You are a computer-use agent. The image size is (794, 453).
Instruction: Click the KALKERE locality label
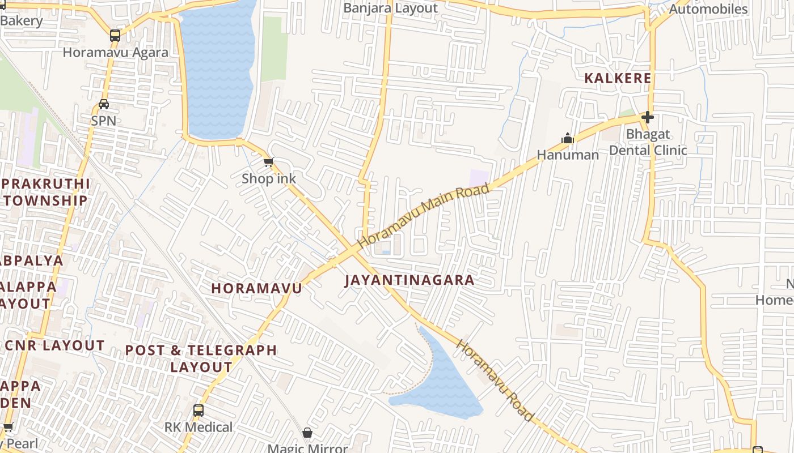pos(618,78)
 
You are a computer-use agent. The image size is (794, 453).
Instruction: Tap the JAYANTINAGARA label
pos(409,280)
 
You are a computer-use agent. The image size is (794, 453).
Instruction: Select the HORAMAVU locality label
pos(257,288)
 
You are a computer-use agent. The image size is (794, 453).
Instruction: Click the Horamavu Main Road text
pos(423,215)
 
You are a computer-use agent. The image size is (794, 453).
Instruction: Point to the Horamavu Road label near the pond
pos(496,381)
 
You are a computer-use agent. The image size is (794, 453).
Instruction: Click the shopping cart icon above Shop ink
pos(269,163)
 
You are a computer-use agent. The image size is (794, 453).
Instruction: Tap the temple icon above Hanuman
pos(568,138)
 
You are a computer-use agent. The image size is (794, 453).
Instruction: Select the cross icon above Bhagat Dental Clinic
pos(648,117)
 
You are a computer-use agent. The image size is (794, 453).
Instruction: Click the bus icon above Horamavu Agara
pos(115,36)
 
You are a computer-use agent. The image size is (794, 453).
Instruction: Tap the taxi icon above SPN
pos(104,104)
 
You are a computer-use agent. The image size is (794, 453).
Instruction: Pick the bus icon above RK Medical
pos(198,411)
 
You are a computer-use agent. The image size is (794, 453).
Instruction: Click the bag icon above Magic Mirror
pos(307,433)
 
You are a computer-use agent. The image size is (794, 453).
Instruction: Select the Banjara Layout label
pos(391,8)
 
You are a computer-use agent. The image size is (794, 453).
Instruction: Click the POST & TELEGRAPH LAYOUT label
pos(201,358)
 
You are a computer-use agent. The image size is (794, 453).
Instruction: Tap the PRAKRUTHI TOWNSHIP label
pos(45,192)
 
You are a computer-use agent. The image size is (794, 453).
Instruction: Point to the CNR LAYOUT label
pos(54,345)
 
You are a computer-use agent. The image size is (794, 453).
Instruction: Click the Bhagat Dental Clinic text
pos(648,142)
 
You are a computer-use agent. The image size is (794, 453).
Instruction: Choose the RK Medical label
pos(198,427)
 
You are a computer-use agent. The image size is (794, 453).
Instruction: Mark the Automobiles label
pos(708,9)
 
